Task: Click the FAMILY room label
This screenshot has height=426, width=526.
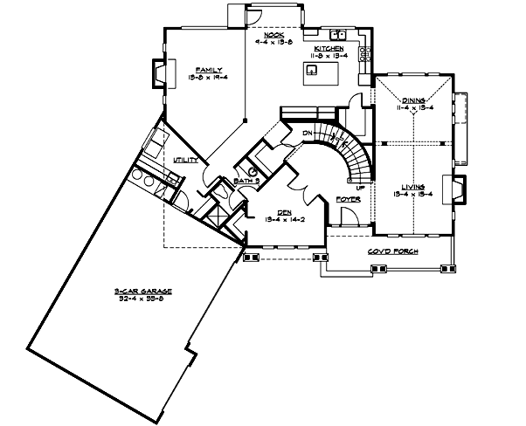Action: tap(209, 68)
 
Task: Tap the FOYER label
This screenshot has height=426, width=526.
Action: tap(348, 199)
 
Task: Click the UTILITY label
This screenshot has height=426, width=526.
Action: tap(185, 160)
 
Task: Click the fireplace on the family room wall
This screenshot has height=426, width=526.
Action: tap(158, 73)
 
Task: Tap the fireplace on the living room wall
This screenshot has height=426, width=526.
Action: tap(457, 189)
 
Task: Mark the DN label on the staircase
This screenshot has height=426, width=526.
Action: tap(308, 133)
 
